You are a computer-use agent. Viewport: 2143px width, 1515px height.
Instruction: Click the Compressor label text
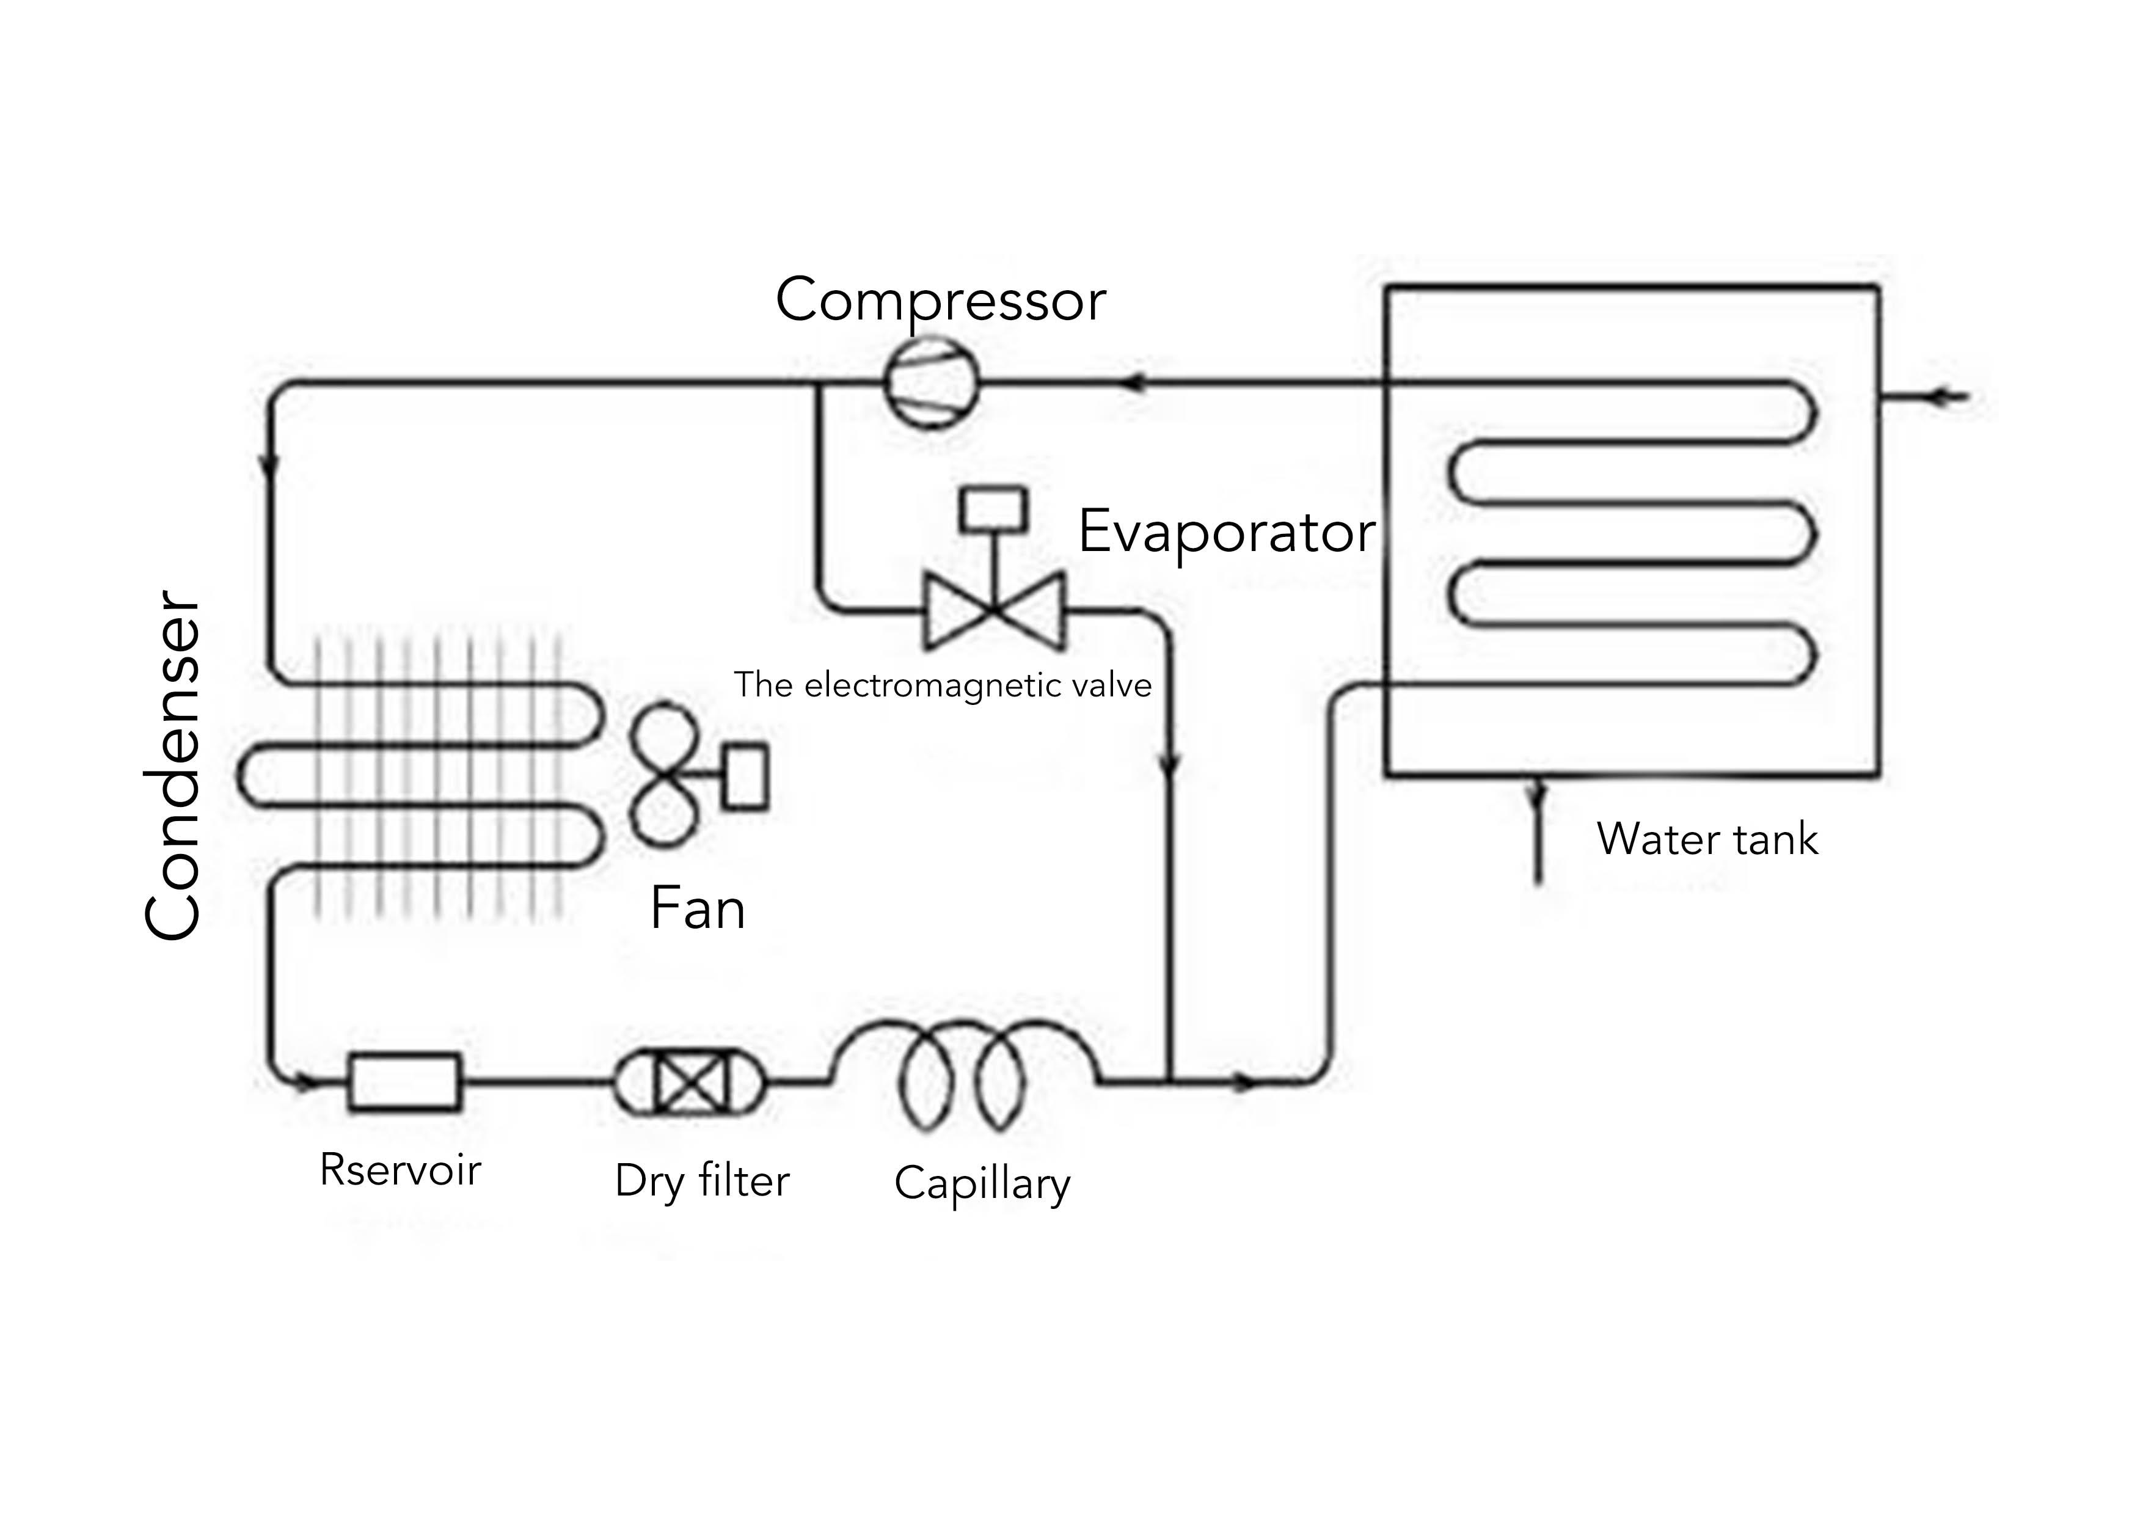coord(940,301)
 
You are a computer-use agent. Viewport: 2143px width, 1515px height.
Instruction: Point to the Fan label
coord(697,908)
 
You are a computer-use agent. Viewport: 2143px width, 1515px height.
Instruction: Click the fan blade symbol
coord(665,774)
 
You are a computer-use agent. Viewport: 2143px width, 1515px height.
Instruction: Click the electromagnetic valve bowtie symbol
coord(993,611)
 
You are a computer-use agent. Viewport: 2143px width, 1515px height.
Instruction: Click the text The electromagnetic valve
coord(943,685)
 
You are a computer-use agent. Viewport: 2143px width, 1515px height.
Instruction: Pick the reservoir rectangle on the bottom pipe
coord(404,1083)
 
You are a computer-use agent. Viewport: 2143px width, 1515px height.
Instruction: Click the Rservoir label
coord(400,1170)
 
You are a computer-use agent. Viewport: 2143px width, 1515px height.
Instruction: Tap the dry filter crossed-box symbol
coord(690,1083)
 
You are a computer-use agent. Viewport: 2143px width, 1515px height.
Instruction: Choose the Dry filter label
coord(702,1181)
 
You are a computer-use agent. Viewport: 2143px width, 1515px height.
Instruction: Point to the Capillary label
coord(982,1184)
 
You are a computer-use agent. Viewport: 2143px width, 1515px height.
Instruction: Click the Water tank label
coord(1707,839)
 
